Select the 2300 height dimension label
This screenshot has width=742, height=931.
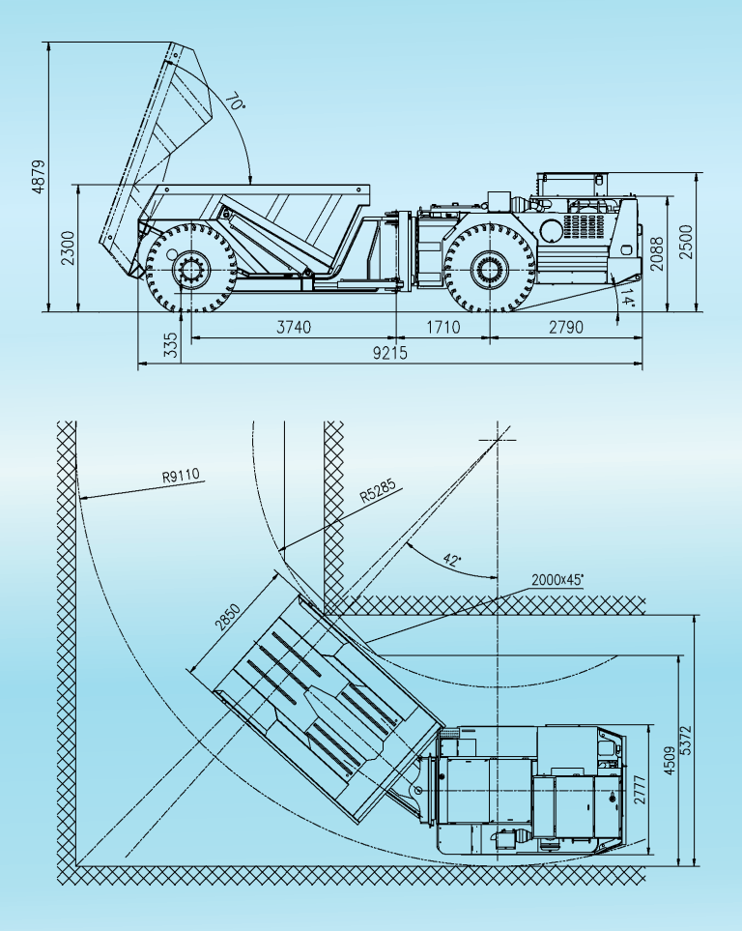tap(65, 247)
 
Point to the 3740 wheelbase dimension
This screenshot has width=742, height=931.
tap(294, 327)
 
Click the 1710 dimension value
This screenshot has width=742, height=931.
tap(443, 327)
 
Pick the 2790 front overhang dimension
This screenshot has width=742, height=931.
tap(565, 327)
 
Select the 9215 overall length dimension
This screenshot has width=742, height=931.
tap(390, 353)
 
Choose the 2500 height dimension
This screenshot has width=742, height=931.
tap(686, 244)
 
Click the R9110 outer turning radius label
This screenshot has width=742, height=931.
tap(181, 475)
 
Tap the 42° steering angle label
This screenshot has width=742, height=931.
tap(451, 559)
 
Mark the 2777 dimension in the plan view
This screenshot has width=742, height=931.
tap(639, 794)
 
